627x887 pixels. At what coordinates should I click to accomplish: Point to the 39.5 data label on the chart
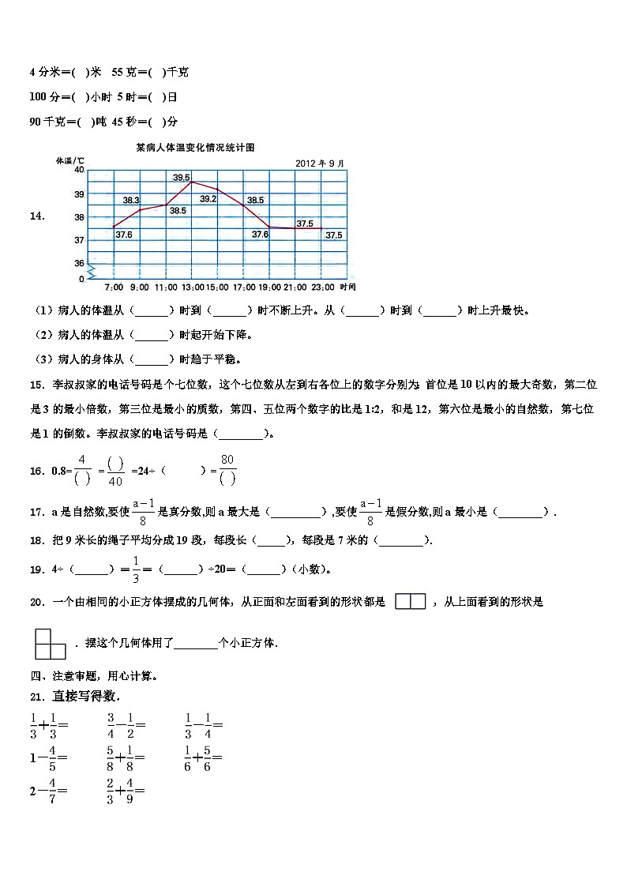[182, 178]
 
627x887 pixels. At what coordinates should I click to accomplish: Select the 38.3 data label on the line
[131, 200]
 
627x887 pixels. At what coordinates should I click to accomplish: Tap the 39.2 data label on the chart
[208, 199]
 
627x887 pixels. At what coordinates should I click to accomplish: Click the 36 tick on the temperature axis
[79, 263]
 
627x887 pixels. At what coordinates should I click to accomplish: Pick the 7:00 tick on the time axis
[114, 287]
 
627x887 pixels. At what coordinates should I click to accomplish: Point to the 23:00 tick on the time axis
[322, 287]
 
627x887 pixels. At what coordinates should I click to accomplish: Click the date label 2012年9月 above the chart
[320, 163]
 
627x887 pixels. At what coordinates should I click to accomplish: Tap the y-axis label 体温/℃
[69, 160]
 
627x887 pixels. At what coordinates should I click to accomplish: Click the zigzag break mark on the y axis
[91, 272]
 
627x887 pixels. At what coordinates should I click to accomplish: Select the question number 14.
[36, 215]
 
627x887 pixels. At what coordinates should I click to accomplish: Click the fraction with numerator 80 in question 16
[228, 469]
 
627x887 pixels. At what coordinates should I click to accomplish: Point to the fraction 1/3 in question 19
[136, 569]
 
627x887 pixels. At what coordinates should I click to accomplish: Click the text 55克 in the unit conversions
[124, 73]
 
